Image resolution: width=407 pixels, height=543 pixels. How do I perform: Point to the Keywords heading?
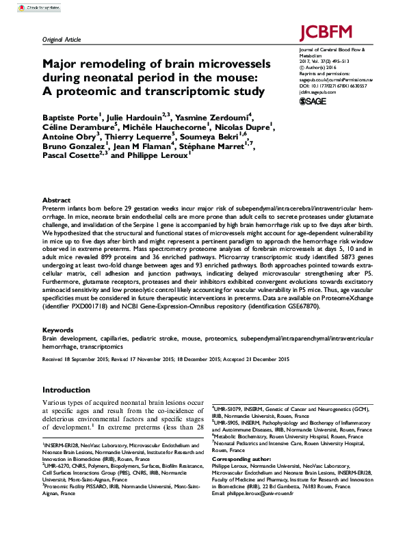tap(58, 330)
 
